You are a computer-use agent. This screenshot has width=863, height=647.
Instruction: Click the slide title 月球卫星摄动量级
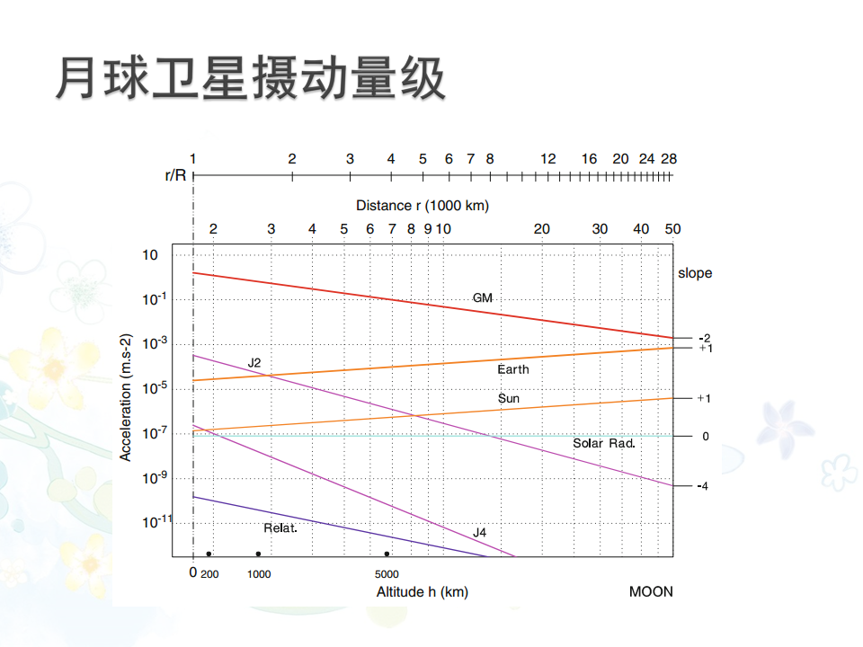(250, 79)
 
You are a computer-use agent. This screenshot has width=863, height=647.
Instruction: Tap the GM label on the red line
(483, 297)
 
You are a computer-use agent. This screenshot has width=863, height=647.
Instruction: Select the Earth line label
(513, 369)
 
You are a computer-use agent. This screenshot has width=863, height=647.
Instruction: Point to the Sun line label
(509, 398)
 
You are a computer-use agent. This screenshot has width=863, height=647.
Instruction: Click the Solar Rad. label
(604, 443)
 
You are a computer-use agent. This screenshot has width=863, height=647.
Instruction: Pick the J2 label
(254, 363)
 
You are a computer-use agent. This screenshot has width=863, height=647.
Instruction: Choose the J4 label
(480, 533)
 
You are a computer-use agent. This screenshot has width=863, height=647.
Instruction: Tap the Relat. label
(280, 527)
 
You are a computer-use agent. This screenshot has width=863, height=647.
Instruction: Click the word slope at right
(695, 273)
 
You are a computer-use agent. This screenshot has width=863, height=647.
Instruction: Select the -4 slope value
(704, 486)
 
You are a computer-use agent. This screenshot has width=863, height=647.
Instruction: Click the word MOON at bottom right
(651, 591)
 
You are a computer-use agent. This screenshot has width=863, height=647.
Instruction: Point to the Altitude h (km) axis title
(422, 591)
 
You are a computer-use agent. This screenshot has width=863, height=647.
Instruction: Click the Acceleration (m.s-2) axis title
(127, 396)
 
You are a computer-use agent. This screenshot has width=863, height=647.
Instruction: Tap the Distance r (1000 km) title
(423, 206)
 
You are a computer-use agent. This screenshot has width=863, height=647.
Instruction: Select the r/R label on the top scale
(175, 174)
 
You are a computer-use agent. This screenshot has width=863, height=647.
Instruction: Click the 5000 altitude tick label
(387, 574)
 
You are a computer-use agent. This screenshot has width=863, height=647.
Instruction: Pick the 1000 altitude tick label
(259, 574)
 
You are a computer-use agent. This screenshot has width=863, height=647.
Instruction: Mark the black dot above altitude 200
(209, 554)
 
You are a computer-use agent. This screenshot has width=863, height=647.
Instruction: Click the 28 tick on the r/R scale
(669, 159)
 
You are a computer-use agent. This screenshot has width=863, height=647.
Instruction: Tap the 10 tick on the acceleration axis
(150, 255)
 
